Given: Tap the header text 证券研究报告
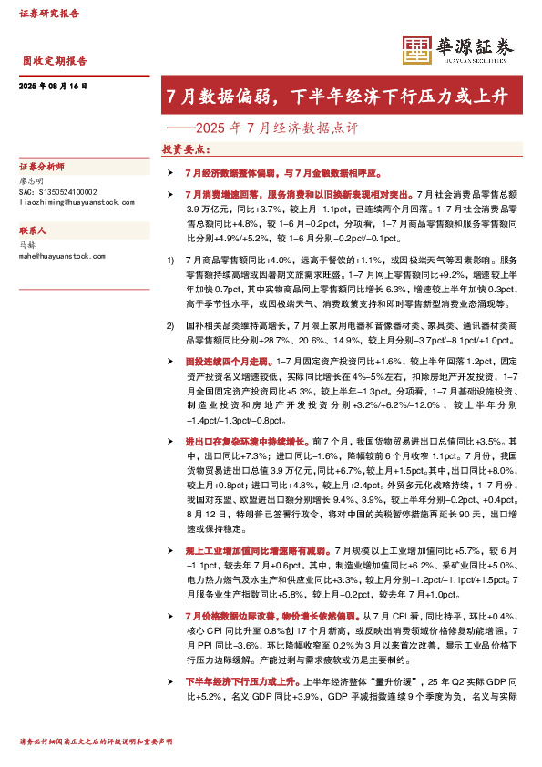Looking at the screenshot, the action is [x=48, y=14].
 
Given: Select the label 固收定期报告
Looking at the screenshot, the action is [x=55, y=61].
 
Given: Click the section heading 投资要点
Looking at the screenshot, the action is [x=185, y=148].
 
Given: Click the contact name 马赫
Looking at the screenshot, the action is [x=26, y=244].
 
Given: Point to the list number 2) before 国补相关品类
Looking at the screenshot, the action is [x=170, y=324].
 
